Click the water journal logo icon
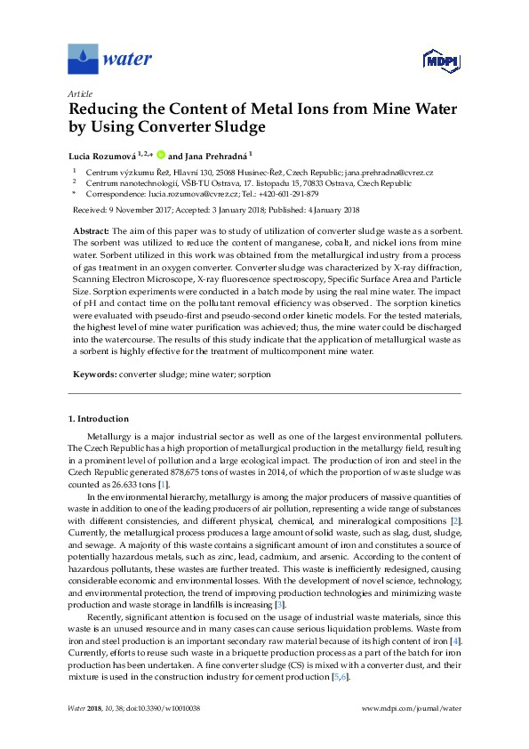click(83, 59)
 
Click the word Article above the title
click(78, 93)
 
